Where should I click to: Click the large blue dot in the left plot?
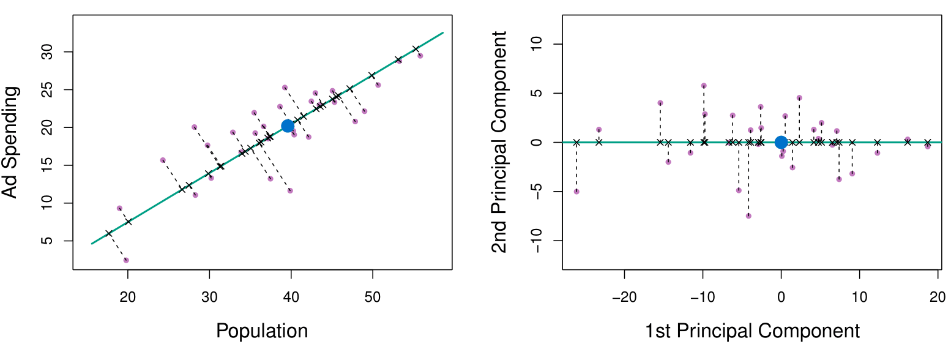pyautogui.click(x=288, y=126)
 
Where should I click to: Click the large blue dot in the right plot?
pyautogui.click(x=781, y=142)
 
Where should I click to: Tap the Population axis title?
pyautogui.click(x=262, y=331)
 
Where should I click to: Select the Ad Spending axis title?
pyautogui.click(x=12, y=142)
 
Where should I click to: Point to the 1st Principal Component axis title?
pyautogui.click(x=752, y=331)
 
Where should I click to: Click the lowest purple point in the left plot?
pyautogui.click(x=126, y=260)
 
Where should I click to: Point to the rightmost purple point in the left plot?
pyautogui.click(x=420, y=56)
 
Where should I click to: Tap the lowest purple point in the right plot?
pyautogui.click(x=748, y=216)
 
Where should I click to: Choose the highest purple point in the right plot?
pyautogui.click(x=704, y=86)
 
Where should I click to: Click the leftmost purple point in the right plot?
pyautogui.click(x=576, y=192)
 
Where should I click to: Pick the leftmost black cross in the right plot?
pyautogui.click(x=576, y=142)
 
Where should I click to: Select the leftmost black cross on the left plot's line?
pyautogui.click(x=109, y=233)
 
